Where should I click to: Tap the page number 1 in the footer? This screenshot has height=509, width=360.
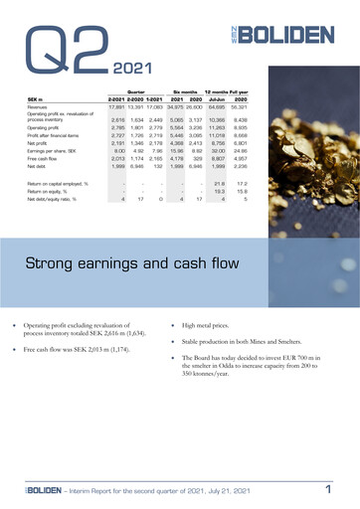tap(327, 489)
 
